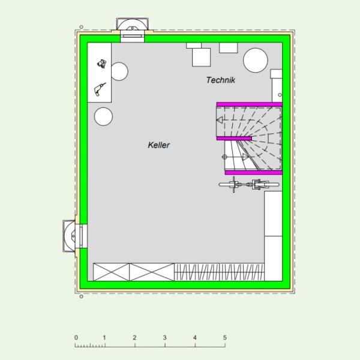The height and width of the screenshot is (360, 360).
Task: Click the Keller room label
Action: tap(158, 145)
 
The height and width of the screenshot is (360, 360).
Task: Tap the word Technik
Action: tap(220, 80)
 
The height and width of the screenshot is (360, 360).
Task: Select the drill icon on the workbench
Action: tap(100, 89)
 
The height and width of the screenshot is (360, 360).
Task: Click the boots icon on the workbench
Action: tap(102, 64)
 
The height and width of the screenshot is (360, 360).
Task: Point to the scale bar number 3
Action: tap(164, 337)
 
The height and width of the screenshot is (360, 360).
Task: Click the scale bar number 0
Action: tap(76, 337)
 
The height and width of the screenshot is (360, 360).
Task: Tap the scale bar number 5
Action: tap(225, 337)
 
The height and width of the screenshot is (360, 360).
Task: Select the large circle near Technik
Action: tap(256, 60)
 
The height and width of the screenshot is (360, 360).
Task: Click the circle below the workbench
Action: tap(103, 116)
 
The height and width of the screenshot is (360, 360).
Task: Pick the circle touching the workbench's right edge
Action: tap(119, 71)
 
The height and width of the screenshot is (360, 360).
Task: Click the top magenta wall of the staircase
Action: tap(250, 104)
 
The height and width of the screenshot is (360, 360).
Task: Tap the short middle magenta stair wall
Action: tap(234, 139)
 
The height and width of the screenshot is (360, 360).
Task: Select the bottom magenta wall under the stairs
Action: tap(253, 172)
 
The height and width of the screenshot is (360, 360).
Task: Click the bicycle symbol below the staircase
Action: tap(249, 184)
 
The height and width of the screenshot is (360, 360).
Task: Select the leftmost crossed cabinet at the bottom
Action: tap(112, 272)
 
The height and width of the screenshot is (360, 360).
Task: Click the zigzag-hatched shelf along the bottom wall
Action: tap(219, 272)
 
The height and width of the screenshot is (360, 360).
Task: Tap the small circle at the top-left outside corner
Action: tap(81, 27)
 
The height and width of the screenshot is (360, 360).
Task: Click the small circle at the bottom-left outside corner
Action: tap(81, 296)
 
